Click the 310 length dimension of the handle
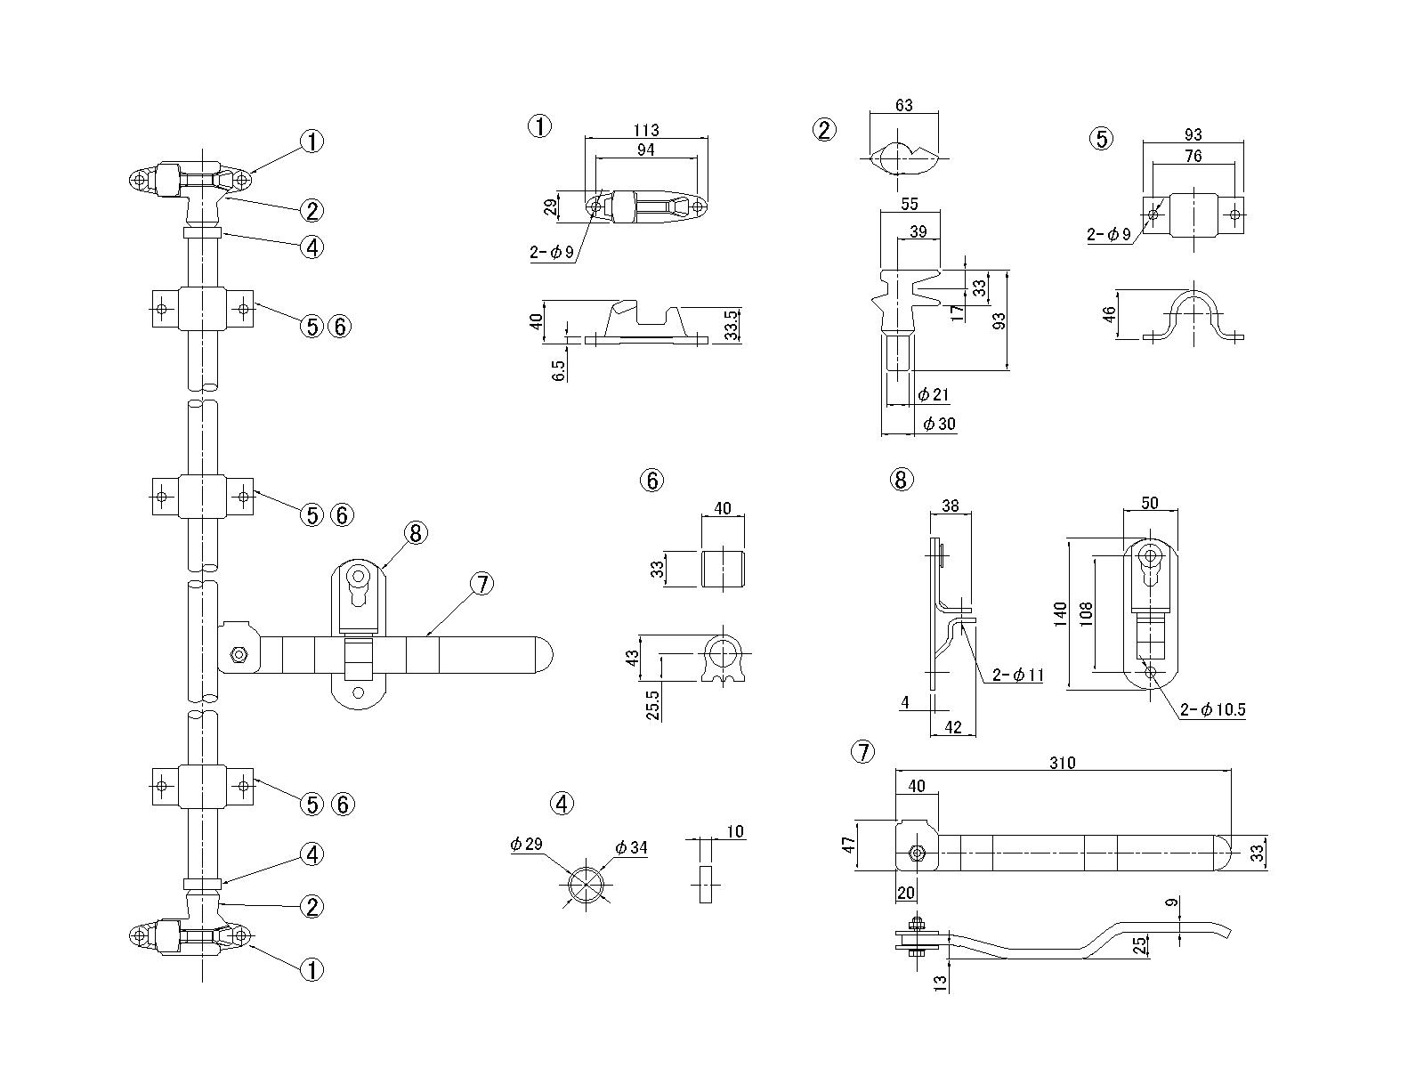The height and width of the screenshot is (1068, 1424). tap(1062, 764)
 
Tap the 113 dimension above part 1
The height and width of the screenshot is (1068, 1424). tap(645, 130)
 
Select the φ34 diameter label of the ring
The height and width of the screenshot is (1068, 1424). tap(631, 847)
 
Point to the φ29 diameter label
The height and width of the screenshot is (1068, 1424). tap(526, 844)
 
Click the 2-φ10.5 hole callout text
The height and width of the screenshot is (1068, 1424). tap(1212, 710)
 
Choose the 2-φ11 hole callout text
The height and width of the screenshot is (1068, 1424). tap(1018, 675)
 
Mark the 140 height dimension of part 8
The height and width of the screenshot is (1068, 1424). tap(1060, 613)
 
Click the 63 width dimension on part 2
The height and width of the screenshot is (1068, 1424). tap(903, 105)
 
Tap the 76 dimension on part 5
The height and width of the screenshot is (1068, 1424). tap(1193, 156)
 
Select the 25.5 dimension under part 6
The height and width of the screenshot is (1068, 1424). tap(652, 706)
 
